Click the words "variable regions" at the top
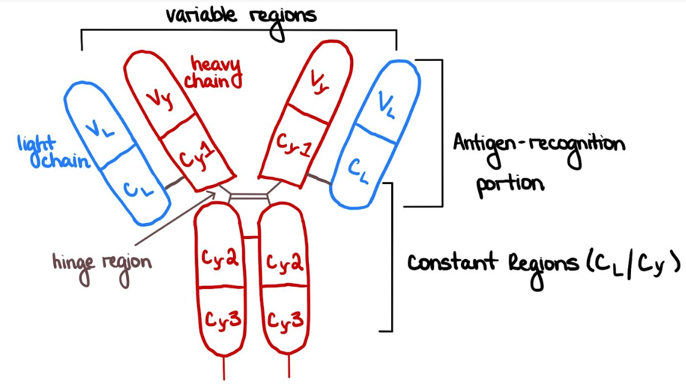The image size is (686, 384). pos(241,15)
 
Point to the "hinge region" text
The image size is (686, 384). pos(102,263)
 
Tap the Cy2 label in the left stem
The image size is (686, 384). pos(220,258)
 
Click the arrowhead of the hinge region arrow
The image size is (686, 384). pos(216,193)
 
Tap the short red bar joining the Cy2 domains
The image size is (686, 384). pos(250,236)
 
